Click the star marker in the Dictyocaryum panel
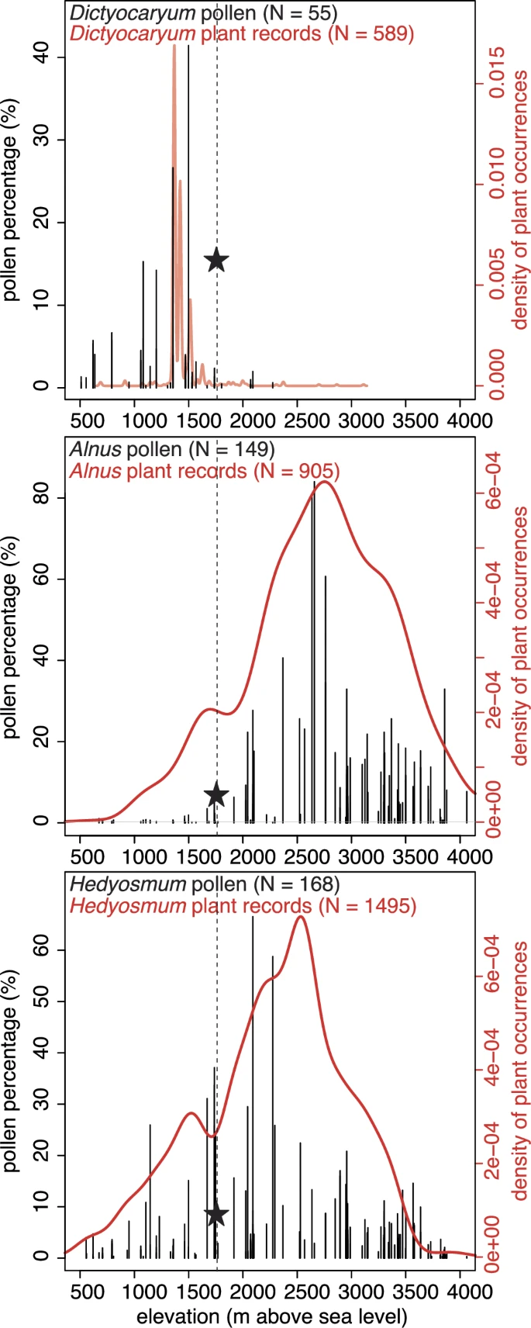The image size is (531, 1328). point(216,261)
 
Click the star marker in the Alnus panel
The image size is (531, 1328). point(216,795)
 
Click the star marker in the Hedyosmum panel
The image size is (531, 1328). point(216,1215)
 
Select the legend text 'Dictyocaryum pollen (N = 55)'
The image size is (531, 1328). point(203,12)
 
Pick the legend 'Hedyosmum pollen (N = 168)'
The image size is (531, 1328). point(204,884)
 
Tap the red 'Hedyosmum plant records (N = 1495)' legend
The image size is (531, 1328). point(243,905)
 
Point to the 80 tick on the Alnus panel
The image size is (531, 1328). point(45,497)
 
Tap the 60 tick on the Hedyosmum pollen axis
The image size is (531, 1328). point(45,950)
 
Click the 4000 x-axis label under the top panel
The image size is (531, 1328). point(460,421)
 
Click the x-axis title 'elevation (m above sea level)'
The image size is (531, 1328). point(271,1316)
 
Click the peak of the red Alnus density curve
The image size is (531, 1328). point(324,482)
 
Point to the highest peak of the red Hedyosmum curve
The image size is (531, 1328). point(300,918)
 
